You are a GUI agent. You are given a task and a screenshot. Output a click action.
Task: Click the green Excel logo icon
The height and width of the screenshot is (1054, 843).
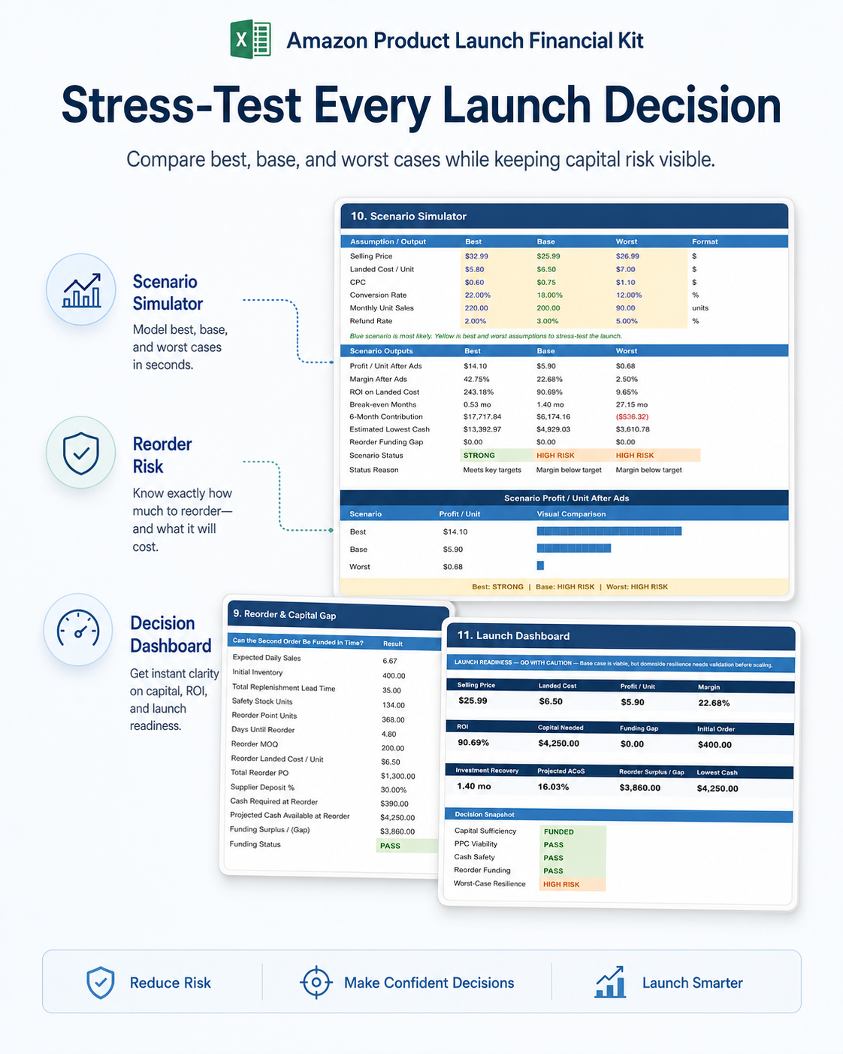pos(250,39)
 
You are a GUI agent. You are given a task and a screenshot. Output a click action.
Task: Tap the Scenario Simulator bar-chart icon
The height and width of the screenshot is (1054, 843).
pos(81,290)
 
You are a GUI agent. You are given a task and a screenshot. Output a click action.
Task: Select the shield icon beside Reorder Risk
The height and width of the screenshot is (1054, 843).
pos(81,453)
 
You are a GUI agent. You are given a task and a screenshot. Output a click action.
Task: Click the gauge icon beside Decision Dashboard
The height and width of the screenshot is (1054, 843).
pos(78,629)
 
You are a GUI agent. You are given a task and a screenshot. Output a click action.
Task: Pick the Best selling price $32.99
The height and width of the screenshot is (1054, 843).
pos(476,256)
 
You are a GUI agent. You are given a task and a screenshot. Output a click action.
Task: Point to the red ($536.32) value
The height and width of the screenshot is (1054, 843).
pos(632,416)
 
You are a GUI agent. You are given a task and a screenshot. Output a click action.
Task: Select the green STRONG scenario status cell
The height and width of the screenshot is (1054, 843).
pos(496,456)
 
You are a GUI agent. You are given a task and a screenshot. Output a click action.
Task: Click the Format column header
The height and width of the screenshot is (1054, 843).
pos(705,241)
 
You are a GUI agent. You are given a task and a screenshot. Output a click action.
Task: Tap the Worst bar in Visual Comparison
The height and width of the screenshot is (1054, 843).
pos(540,565)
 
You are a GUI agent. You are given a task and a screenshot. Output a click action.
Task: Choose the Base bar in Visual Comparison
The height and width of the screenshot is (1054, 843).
pos(574,548)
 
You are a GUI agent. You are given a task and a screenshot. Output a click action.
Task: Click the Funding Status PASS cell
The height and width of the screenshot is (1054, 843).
pos(406,846)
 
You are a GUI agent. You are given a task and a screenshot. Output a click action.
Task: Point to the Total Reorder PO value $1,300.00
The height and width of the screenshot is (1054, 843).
pos(397,777)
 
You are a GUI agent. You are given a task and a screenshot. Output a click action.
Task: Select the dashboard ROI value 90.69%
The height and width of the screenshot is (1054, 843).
pos(473,743)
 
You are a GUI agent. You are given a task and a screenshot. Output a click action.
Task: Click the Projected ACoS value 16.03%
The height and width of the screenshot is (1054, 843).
pos(553,787)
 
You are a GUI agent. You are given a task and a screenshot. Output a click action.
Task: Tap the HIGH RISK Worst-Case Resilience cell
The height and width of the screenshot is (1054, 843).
pos(573,884)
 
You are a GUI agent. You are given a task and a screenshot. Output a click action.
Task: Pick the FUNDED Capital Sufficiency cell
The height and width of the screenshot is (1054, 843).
pos(573,831)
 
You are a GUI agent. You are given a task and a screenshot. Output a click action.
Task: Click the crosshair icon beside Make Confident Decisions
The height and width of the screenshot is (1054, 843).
pos(316,982)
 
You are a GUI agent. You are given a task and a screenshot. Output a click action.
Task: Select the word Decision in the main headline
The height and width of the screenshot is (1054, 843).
pos(692,105)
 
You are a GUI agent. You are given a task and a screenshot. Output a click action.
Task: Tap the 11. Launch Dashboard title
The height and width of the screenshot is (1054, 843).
pos(513,636)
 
